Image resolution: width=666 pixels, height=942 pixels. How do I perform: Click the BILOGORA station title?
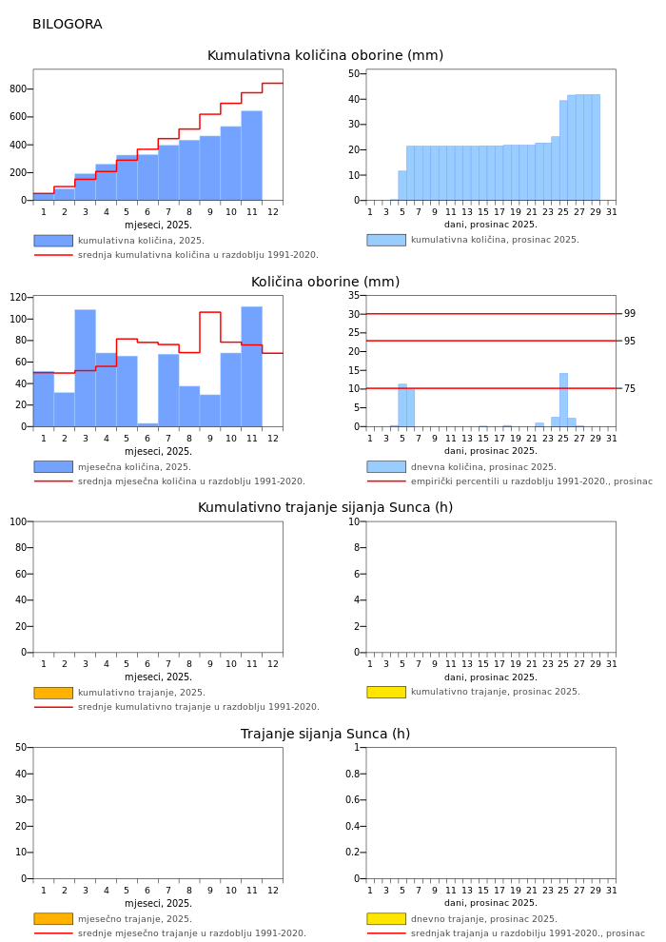coord(67,25)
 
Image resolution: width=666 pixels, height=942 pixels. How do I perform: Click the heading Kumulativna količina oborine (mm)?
coord(325,56)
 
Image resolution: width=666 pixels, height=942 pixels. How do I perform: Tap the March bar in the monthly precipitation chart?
coord(85,367)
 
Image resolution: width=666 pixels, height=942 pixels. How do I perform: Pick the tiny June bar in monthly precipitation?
coord(147,424)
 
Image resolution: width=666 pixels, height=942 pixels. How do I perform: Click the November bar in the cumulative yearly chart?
coord(251,156)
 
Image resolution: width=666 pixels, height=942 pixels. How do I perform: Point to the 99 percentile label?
coord(630,314)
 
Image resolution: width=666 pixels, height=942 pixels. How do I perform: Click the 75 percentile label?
coord(630,388)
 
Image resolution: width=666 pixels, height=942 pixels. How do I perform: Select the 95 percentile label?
coord(630,341)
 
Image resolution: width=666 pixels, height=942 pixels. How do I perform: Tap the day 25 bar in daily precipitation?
coord(563,400)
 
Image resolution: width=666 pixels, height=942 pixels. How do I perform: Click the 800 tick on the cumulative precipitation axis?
coord(18,89)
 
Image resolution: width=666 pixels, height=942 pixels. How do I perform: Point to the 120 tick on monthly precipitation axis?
coord(18,297)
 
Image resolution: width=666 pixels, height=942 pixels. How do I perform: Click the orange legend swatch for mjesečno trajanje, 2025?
coord(53,919)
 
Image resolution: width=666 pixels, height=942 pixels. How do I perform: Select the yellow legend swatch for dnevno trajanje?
coord(386,919)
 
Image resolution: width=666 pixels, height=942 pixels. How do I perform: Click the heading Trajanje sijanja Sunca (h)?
coord(325,735)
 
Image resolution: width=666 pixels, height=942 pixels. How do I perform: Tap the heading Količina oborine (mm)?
coord(325,283)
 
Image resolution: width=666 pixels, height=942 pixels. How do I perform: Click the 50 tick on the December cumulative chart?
coord(354,73)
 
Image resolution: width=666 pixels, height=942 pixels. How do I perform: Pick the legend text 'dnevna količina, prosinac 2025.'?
coord(483,467)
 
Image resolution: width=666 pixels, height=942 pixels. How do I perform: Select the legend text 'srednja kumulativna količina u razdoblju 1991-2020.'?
coord(198,255)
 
